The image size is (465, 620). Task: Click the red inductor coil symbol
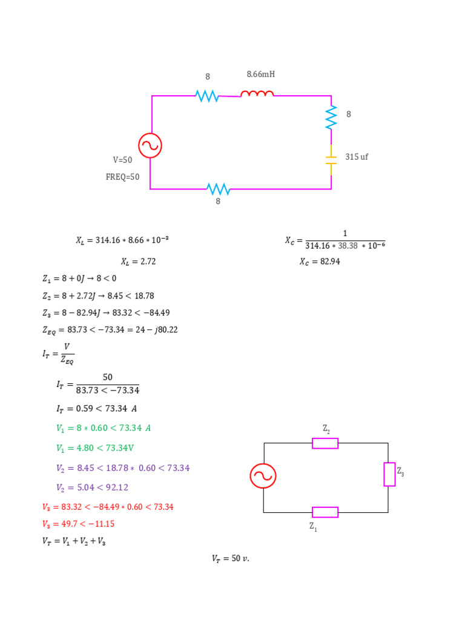click(257, 94)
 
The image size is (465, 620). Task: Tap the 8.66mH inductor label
click(261, 74)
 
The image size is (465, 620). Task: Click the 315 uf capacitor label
click(357, 157)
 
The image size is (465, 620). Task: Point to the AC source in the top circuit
click(150, 146)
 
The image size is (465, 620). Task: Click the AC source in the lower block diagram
click(263, 476)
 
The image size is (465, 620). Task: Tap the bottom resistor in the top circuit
click(219, 189)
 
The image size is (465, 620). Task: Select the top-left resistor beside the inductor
click(208, 96)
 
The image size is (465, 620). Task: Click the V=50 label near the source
click(122, 160)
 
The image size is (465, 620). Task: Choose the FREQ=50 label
click(122, 177)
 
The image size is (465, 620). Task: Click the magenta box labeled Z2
click(325, 443)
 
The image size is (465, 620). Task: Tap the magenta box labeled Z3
click(389, 474)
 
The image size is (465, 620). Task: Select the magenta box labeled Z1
click(325, 512)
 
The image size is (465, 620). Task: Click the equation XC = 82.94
click(320, 262)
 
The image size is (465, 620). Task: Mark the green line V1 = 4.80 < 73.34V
click(95, 449)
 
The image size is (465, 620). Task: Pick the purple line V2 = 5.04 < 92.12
click(92, 487)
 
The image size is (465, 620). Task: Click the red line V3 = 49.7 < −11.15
click(78, 524)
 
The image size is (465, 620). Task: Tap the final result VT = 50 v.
click(231, 559)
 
